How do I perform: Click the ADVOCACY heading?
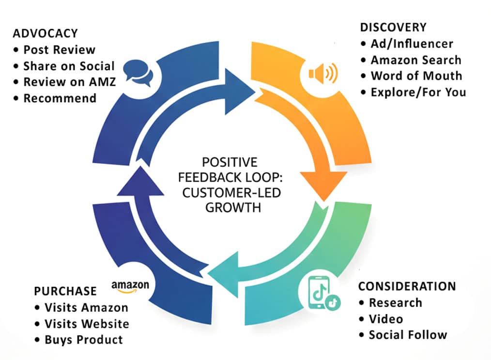(46, 33)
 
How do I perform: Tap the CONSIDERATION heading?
(407, 286)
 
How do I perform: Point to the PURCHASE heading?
(65, 291)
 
